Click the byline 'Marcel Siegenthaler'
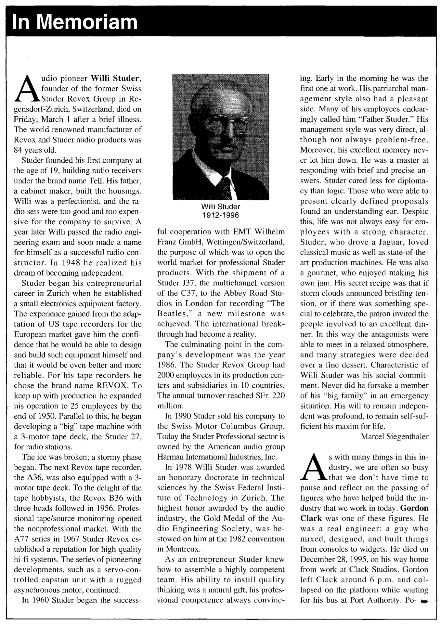[x=395, y=437]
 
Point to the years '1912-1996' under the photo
[x=221, y=215]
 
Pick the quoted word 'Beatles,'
[x=174, y=314]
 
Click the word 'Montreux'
[x=178, y=549]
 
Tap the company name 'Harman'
[x=168, y=457]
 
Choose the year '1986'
[x=165, y=365]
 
